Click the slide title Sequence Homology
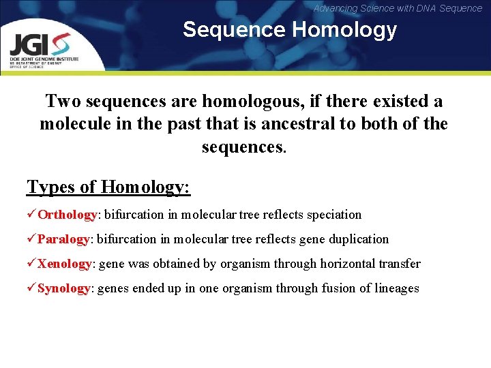[289, 30]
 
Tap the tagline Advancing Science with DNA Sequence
[398, 8]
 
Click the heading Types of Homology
[108, 186]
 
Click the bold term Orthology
[68, 215]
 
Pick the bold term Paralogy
[63, 239]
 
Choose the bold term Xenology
[65, 264]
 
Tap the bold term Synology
[63, 288]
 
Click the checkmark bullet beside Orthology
[31, 215]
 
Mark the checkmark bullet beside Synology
[31, 288]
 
